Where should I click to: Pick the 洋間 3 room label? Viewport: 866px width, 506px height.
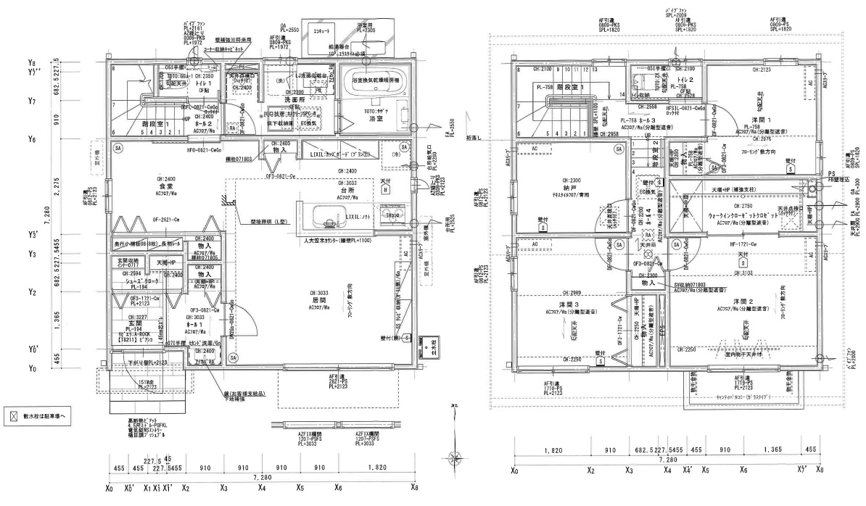[559, 304]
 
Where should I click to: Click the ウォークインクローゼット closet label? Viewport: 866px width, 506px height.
[743, 216]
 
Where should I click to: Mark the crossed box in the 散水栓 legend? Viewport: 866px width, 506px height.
[13, 417]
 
